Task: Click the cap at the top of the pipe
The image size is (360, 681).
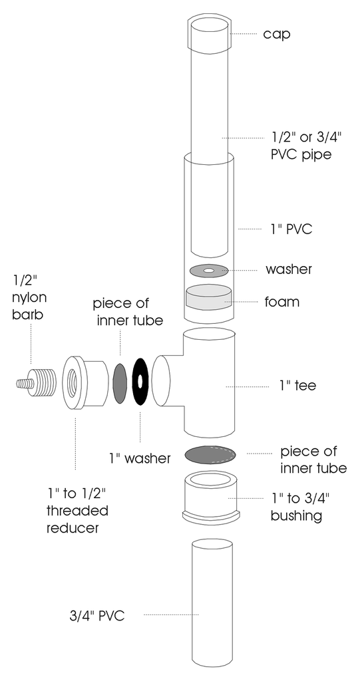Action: click(x=208, y=34)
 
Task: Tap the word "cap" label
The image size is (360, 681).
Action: click(x=277, y=34)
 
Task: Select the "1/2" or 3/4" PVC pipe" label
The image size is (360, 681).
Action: click(x=301, y=146)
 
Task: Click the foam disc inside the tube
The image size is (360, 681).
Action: click(x=208, y=298)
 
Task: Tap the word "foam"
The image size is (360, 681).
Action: click(x=282, y=301)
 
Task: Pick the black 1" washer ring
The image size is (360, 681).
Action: click(x=141, y=382)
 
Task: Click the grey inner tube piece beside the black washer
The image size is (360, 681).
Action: click(x=120, y=383)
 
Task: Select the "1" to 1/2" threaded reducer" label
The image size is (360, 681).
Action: click(x=77, y=511)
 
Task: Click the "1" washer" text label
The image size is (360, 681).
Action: click(x=139, y=458)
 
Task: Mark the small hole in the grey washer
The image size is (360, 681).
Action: click(x=208, y=271)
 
